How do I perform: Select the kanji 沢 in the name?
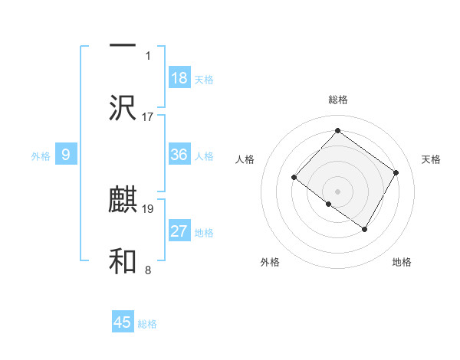123,107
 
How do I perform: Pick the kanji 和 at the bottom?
123,261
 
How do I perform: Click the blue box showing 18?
179,77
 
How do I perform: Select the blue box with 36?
179,155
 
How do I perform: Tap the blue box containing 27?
179,231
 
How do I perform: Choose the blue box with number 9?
66,155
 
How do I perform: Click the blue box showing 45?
123,322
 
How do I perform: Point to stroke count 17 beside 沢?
148,117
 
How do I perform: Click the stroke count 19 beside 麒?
148,208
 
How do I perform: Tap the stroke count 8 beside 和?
148,270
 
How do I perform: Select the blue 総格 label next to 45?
147,324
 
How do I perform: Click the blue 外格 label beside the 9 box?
41,156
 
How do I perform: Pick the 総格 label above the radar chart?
337,100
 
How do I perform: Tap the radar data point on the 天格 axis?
396,172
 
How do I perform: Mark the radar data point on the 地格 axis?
365,229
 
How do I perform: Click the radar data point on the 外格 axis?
329,204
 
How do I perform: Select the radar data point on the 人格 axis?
294,178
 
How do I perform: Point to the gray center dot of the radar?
337,191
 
